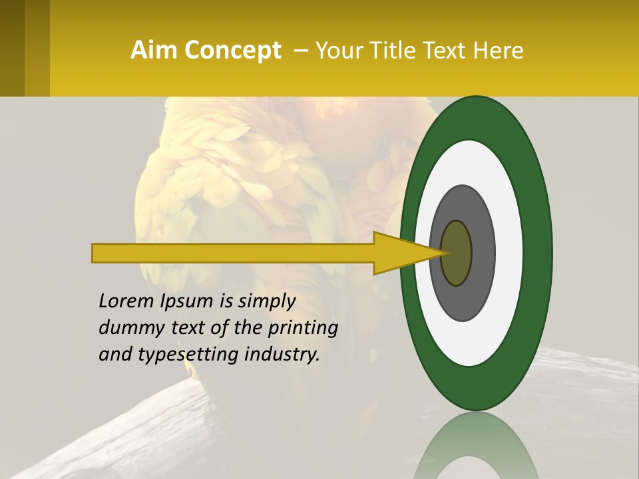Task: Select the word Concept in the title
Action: coord(232,51)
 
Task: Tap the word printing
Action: coord(303,328)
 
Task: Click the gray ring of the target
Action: coord(483,253)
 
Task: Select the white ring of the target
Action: coord(509,253)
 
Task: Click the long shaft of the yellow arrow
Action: coord(233,253)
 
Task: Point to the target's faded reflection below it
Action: coord(476,446)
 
